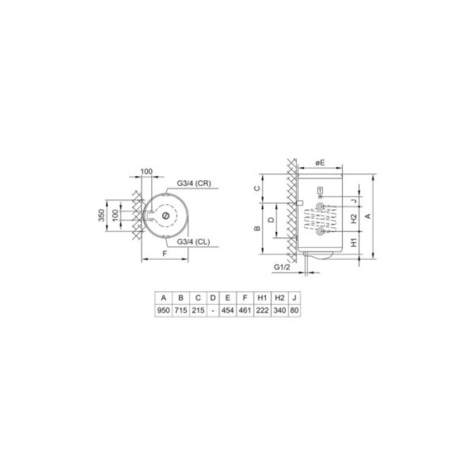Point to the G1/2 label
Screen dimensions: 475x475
point(282,269)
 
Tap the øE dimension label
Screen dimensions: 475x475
point(322,162)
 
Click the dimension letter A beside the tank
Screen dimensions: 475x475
point(367,215)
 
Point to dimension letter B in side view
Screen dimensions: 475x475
point(258,229)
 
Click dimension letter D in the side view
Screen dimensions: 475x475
point(271,220)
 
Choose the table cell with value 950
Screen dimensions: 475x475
point(163,309)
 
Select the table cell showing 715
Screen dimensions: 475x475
point(180,309)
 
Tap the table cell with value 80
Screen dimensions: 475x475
point(293,309)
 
